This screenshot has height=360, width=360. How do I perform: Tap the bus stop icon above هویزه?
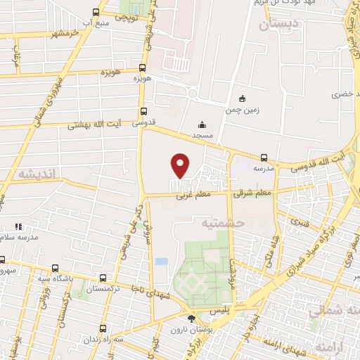(x=143, y=68)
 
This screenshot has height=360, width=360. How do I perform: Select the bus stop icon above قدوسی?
(x=143, y=110)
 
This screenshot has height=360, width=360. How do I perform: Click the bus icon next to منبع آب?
(x=96, y=12)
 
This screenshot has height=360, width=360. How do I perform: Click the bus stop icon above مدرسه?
(x=264, y=157)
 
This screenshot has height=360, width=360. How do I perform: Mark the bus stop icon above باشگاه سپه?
(x=56, y=267)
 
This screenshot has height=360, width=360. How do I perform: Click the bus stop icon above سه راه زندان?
(x=103, y=328)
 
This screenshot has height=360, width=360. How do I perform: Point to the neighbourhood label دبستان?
(x=278, y=24)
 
